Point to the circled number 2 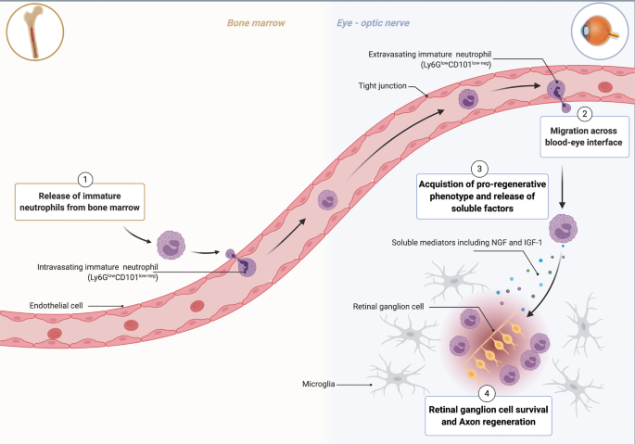584,115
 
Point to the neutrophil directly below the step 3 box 566,228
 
